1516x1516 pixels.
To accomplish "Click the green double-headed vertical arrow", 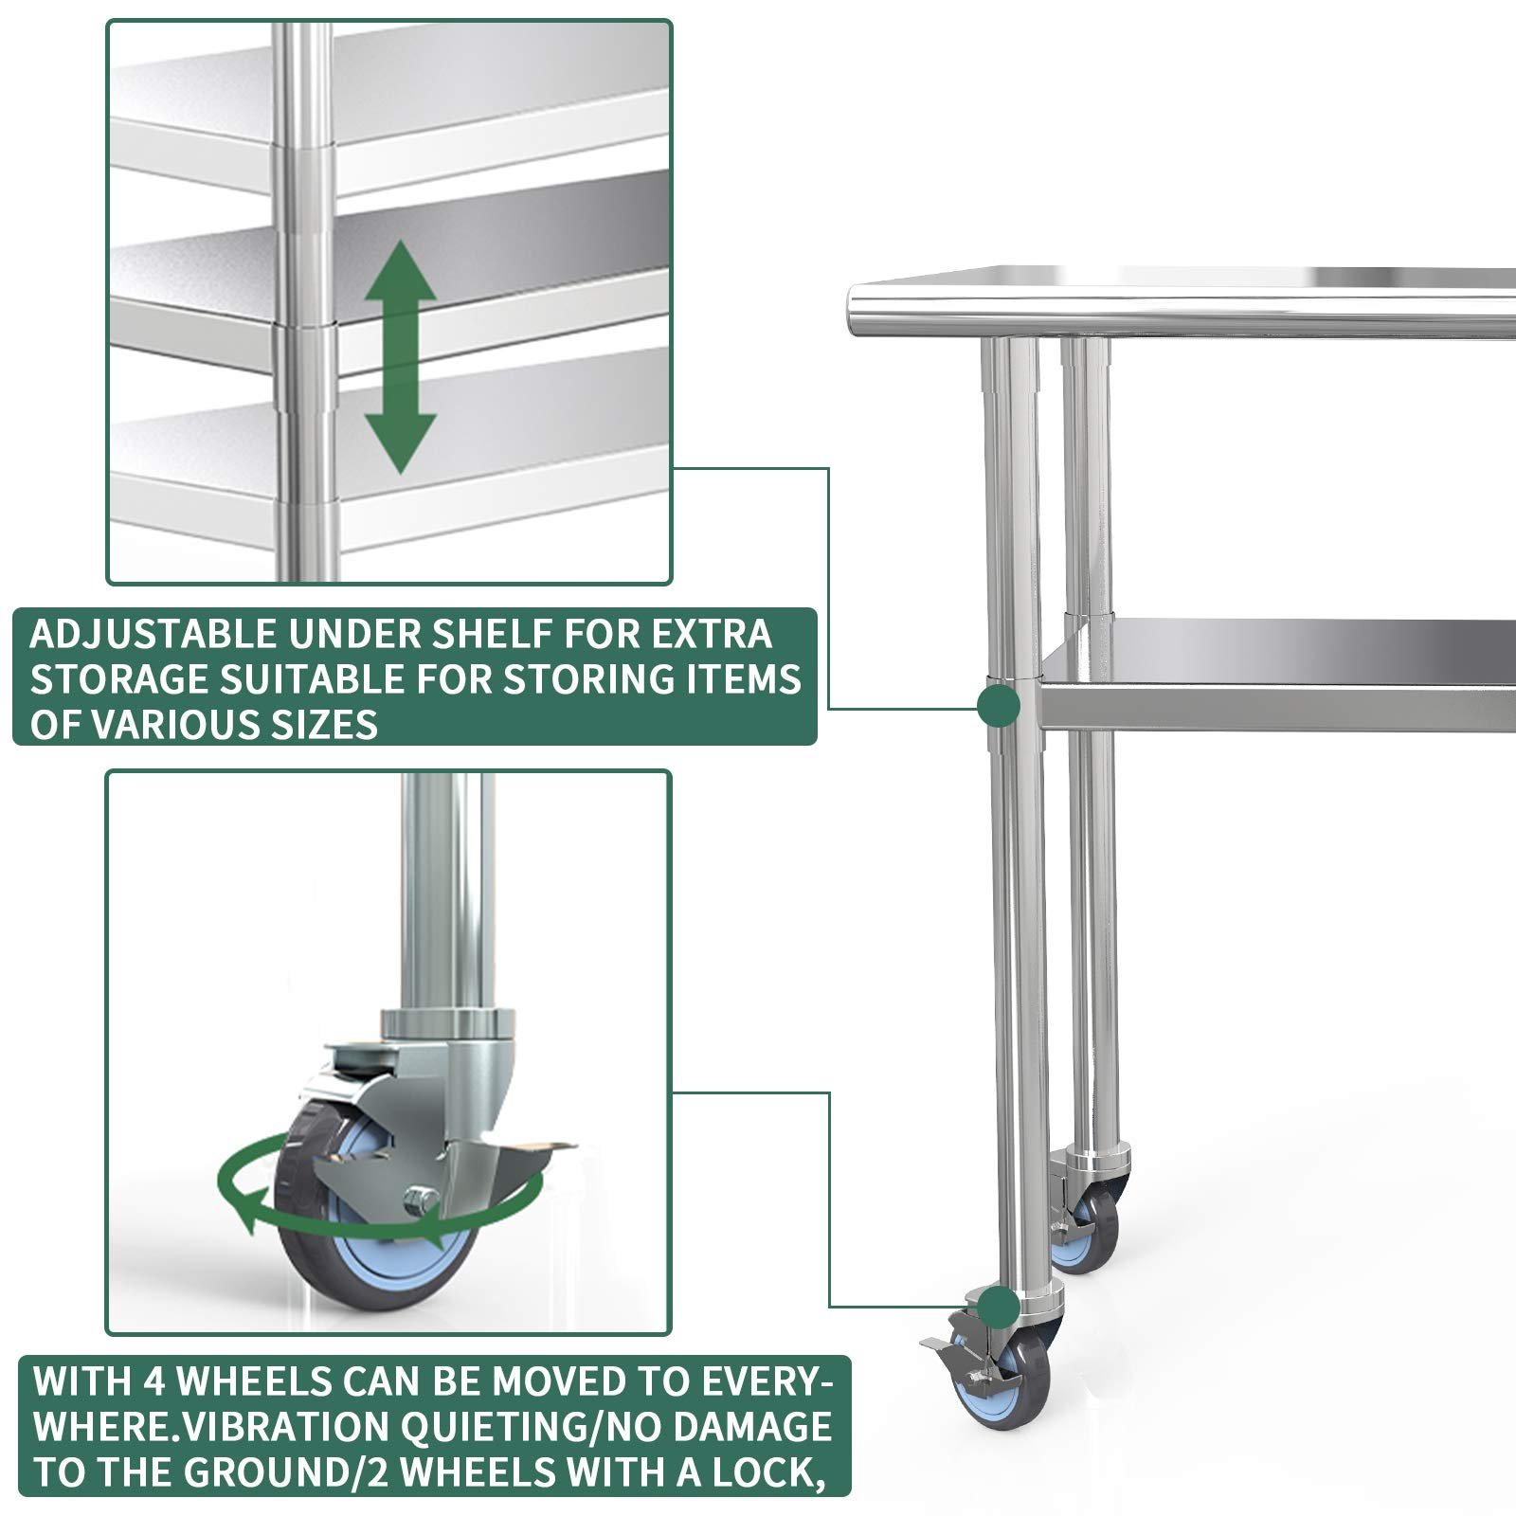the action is pyautogui.click(x=401, y=357).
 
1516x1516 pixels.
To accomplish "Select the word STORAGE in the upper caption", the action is pyautogui.click(x=119, y=679).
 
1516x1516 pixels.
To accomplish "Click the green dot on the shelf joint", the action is pyautogui.click(x=998, y=706).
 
